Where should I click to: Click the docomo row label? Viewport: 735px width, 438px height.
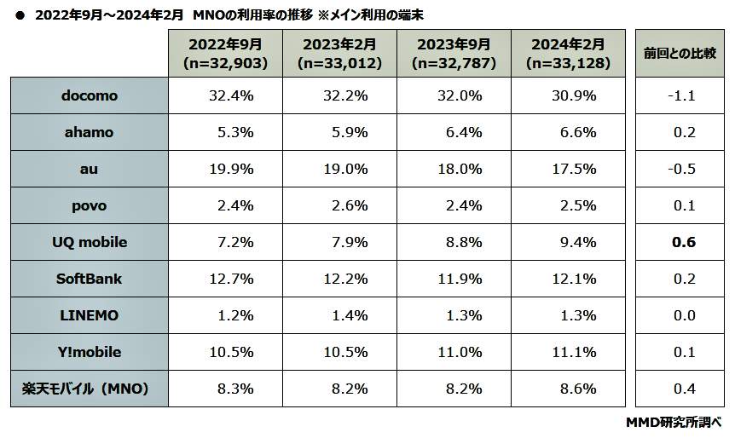pos(90,95)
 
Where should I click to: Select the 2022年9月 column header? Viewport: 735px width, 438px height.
pos(225,54)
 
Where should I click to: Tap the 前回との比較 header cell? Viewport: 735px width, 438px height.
pos(680,54)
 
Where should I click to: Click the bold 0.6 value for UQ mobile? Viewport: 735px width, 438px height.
pos(683,242)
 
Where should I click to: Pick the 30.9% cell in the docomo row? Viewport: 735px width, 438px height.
pos(570,95)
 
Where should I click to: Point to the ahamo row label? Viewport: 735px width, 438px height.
pos(90,132)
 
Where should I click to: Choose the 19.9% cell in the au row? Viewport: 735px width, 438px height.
pos(231,169)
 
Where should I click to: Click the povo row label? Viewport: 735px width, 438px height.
pos(90,205)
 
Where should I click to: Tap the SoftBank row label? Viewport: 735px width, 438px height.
pos(90,279)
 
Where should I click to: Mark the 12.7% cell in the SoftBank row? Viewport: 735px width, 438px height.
pos(231,279)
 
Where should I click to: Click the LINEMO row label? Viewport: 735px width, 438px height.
pos(90,315)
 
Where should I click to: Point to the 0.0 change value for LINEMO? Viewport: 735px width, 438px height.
pos(683,315)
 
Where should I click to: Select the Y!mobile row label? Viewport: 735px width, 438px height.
pos(90,352)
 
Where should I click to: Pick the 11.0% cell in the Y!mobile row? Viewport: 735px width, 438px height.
pos(460,352)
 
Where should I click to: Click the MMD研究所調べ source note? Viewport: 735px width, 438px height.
pos(674,422)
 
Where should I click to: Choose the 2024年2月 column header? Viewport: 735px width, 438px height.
pos(567,54)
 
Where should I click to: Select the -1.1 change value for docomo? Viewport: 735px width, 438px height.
pos(681,95)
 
